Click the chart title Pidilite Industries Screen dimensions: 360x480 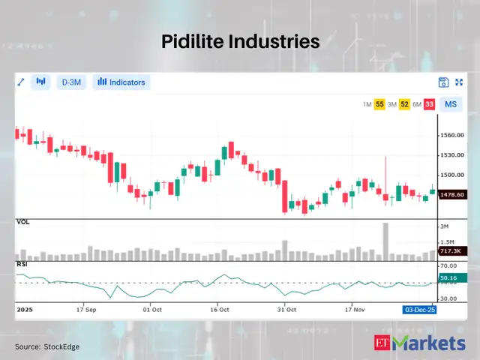point(240,42)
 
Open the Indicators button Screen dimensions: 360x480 point(121,82)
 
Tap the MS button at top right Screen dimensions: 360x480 point(450,104)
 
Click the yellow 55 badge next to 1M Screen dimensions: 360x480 point(380,104)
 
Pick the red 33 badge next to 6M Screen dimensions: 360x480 point(429,104)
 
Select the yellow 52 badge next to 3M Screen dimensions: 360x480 point(404,104)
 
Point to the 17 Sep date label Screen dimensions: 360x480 point(85,308)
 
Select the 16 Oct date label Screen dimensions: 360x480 point(220,308)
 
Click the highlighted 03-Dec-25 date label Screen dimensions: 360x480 point(420,308)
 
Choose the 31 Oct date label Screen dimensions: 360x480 point(286,308)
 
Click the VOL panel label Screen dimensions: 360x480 point(23,223)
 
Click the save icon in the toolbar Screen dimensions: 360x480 point(443,82)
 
